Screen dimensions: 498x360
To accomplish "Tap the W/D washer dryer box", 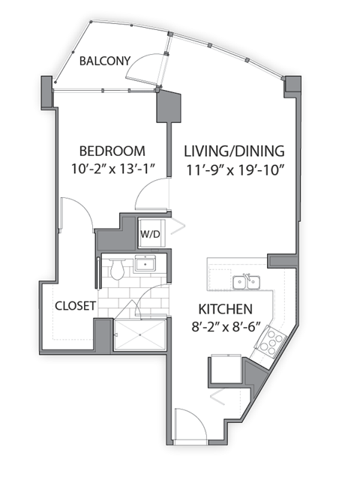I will pyautogui.click(x=150, y=233).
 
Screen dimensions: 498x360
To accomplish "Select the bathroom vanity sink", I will pyautogui.click(x=145, y=264).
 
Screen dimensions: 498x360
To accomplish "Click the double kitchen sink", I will pyautogui.click(x=245, y=281).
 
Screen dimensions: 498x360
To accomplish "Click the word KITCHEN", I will pyautogui.click(x=224, y=309).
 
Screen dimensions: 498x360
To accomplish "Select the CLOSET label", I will pyautogui.click(x=75, y=306).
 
